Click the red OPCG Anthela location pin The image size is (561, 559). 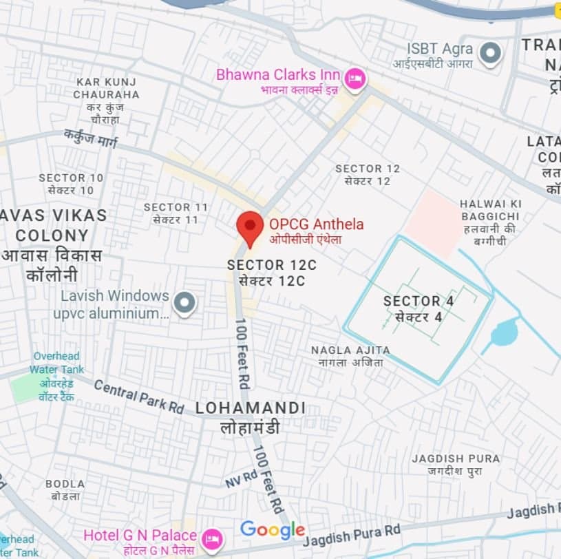coord(250,226)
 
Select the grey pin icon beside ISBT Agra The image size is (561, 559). coord(490,54)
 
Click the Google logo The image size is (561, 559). coord(273,529)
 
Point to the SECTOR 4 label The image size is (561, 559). coord(412,308)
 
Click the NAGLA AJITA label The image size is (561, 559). coord(350,355)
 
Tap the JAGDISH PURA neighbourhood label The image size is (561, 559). coord(456,465)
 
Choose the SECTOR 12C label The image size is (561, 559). coord(266,273)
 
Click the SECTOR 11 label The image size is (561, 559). coord(176,213)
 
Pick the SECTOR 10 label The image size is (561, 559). coord(71,183)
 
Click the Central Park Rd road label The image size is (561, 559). coord(138,397)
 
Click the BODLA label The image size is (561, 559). coord(65,489)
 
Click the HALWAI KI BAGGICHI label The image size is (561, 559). coord(491,222)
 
